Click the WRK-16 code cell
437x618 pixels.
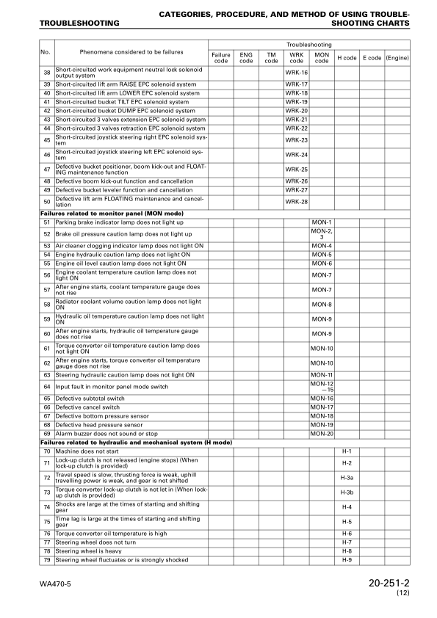(296, 73)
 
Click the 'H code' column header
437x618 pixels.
(347, 57)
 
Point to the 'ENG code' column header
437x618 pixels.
(246, 57)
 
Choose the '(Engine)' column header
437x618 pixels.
(397, 57)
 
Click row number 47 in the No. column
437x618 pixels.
(46, 170)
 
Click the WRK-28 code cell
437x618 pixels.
(296, 201)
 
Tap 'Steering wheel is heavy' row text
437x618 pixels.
(87, 550)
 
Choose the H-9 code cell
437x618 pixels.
(347, 560)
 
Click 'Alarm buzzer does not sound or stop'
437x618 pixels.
(102, 433)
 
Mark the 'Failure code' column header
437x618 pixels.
(220, 57)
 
